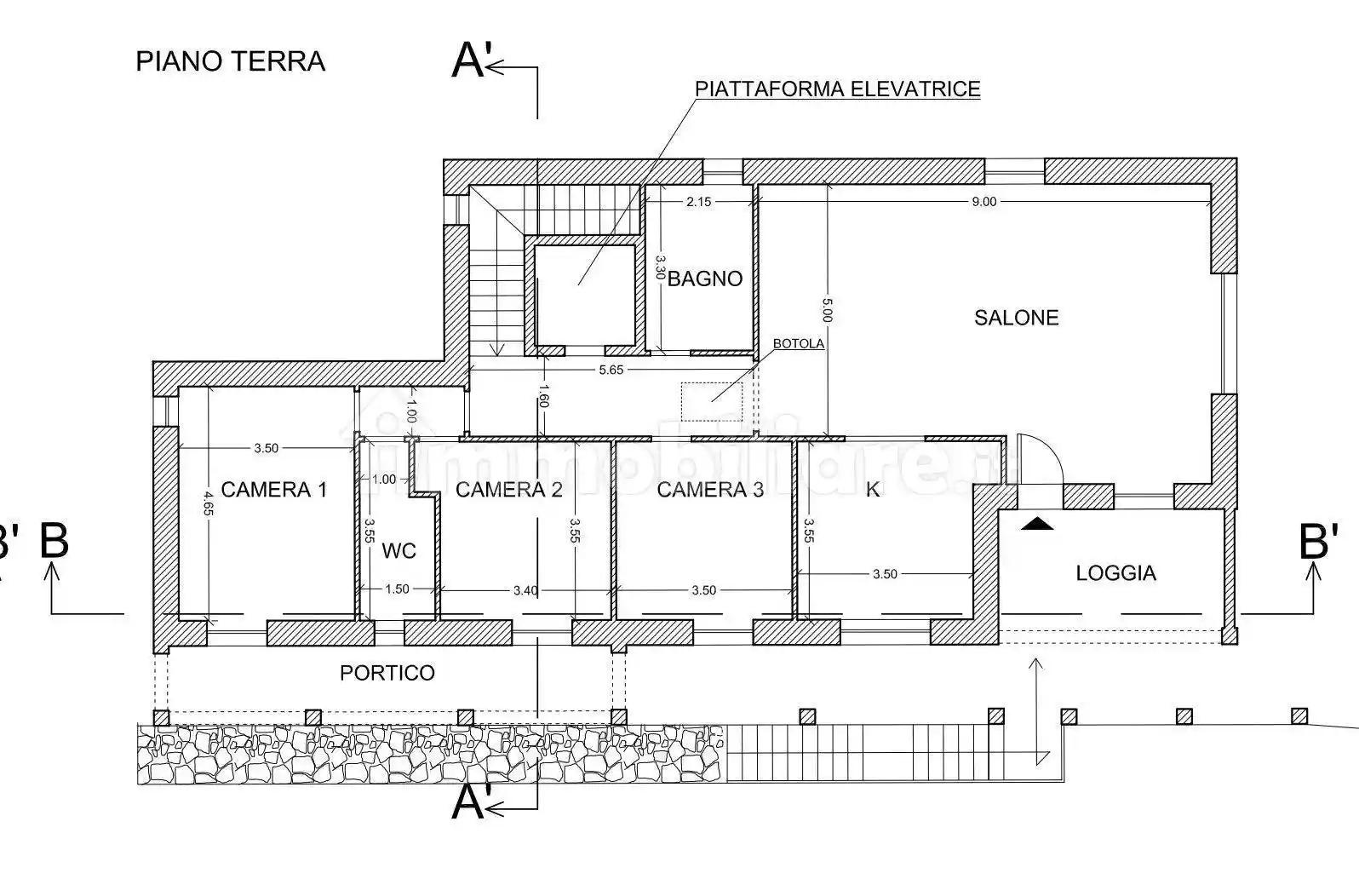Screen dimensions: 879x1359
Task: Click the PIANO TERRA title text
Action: tap(230, 61)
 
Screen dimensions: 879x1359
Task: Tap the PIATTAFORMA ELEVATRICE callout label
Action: tap(837, 89)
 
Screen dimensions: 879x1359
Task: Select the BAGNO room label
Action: tap(704, 279)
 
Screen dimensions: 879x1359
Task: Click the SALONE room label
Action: tap(1016, 318)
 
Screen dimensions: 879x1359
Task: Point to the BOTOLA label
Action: tap(798, 344)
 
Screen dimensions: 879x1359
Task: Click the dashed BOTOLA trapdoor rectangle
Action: tap(711, 401)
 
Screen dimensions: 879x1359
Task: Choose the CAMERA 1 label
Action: tap(273, 490)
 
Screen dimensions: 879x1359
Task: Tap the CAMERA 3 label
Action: tap(709, 490)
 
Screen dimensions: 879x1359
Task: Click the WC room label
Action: tap(399, 551)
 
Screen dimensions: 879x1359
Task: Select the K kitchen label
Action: tap(872, 490)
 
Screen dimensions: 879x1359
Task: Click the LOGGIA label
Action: tap(1115, 573)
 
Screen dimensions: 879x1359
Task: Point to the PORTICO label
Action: tap(387, 673)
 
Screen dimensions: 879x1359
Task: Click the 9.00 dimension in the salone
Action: tap(983, 202)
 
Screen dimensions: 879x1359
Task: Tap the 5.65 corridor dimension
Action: tap(611, 370)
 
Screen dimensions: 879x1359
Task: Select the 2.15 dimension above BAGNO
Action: tap(698, 202)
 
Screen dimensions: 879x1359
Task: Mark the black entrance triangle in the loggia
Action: tap(1036, 524)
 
